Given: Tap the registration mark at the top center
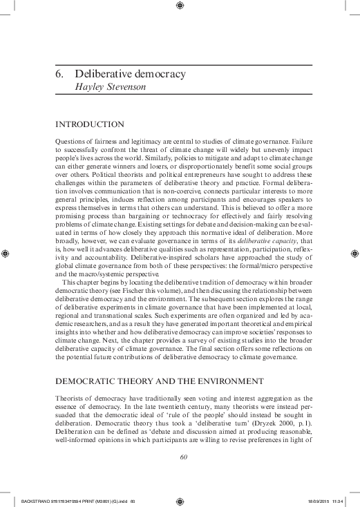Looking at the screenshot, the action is (x=180, y=6).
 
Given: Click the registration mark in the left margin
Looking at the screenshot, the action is (x=6, y=252).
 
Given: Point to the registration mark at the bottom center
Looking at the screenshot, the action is (x=180, y=500).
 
